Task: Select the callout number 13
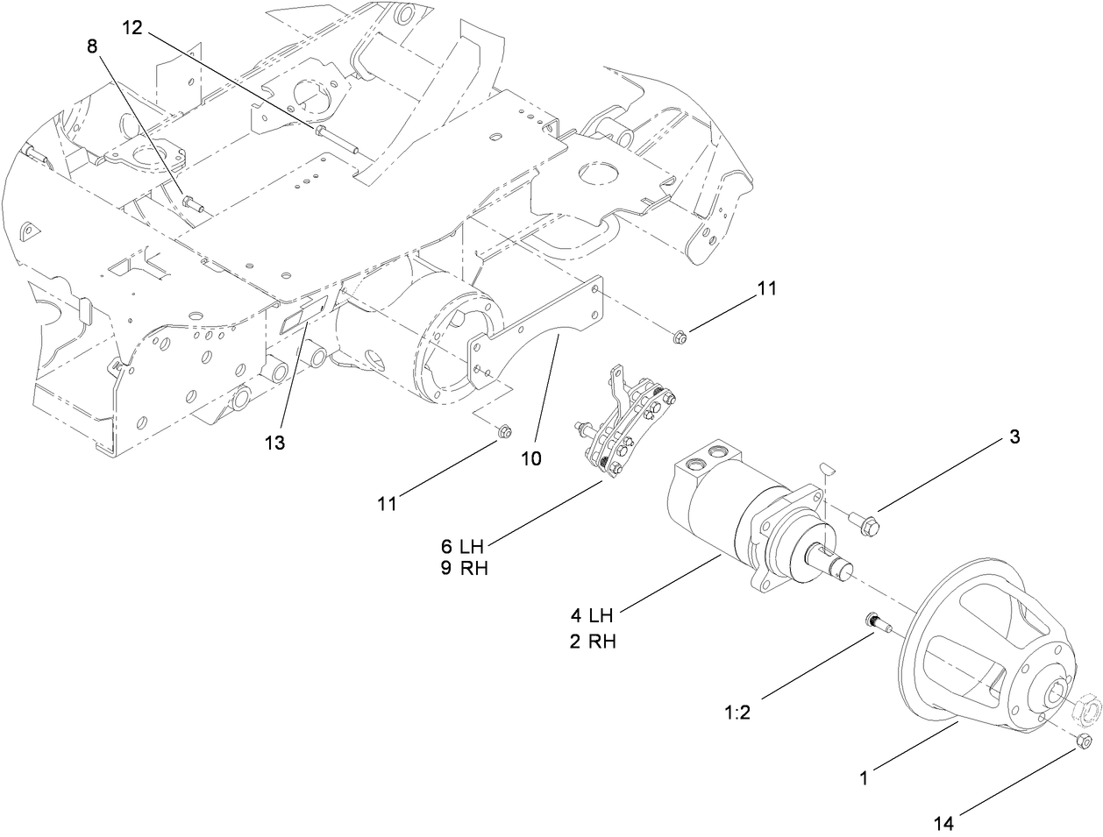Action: pyautogui.click(x=275, y=443)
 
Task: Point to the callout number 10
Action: pyautogui.click(x=532, y=458)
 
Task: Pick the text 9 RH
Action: pyautogui.click(x=464, y=568)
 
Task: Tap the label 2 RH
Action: pyautogui.click(x=593, y=641)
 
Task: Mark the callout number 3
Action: pyautogui.click(x=1014, y=437)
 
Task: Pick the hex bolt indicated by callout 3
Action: pyautogui.click(x=867, y=523)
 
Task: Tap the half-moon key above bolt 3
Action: pyautogui.click(x=828, y=469)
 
